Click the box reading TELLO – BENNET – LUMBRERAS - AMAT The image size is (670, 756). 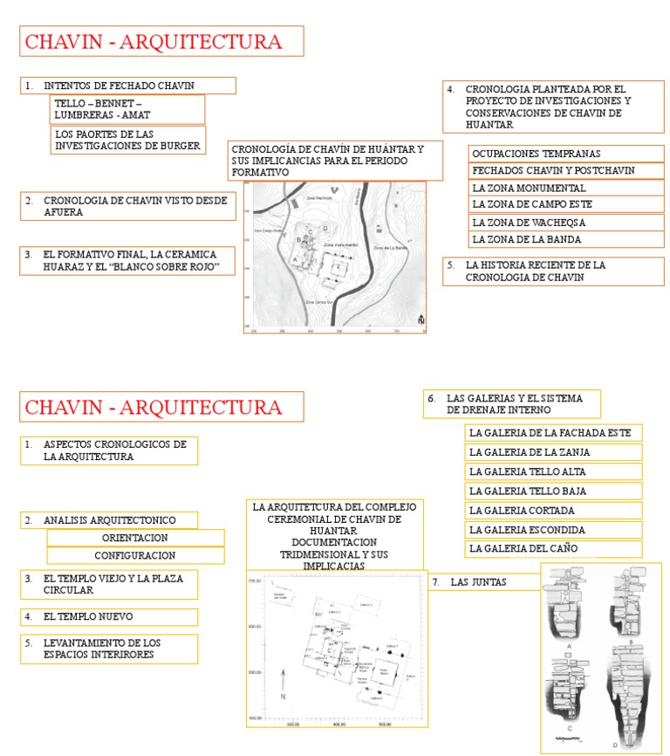click(x=128, y=109)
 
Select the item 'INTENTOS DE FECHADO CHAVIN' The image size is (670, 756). click(x=128, y=86)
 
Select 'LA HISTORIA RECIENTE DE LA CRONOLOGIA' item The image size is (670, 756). click(x=552, y=271)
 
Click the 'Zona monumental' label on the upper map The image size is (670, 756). click(x=342, y=247)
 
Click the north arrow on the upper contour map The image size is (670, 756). click(x=420, y=320)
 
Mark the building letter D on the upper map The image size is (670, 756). click(x=325, y=229)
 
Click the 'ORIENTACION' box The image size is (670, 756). click(x=135, y=538)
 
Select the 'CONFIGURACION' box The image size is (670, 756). click(x=135, y=555)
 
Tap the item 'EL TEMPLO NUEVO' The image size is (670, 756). click(x=109, y=616)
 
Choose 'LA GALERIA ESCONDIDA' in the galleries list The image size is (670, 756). click(x=553, y=530)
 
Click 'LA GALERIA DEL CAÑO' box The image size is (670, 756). click(x=553, y=549)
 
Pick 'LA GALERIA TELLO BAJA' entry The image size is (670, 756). click(x=553, y=491)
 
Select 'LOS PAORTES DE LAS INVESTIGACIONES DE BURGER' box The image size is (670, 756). click(x=128, y=140)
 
